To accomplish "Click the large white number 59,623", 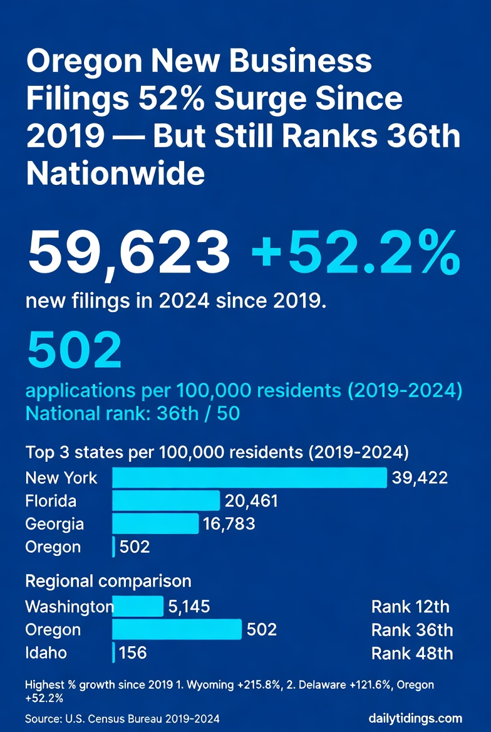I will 128,254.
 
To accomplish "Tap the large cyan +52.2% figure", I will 355,254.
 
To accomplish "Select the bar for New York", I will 249,478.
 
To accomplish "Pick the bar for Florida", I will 166,501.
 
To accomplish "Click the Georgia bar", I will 155,523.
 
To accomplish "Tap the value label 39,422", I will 420,478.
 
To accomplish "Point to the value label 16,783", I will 229,523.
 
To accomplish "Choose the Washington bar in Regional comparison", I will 138,606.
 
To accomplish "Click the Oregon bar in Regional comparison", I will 177,629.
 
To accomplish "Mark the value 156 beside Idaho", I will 132,652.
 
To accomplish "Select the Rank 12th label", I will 410,606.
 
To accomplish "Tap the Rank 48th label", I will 411,653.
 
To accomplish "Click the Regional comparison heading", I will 108,581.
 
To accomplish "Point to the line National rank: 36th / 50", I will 132,414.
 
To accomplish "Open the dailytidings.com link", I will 416,718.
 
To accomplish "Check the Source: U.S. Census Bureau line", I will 122,718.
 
